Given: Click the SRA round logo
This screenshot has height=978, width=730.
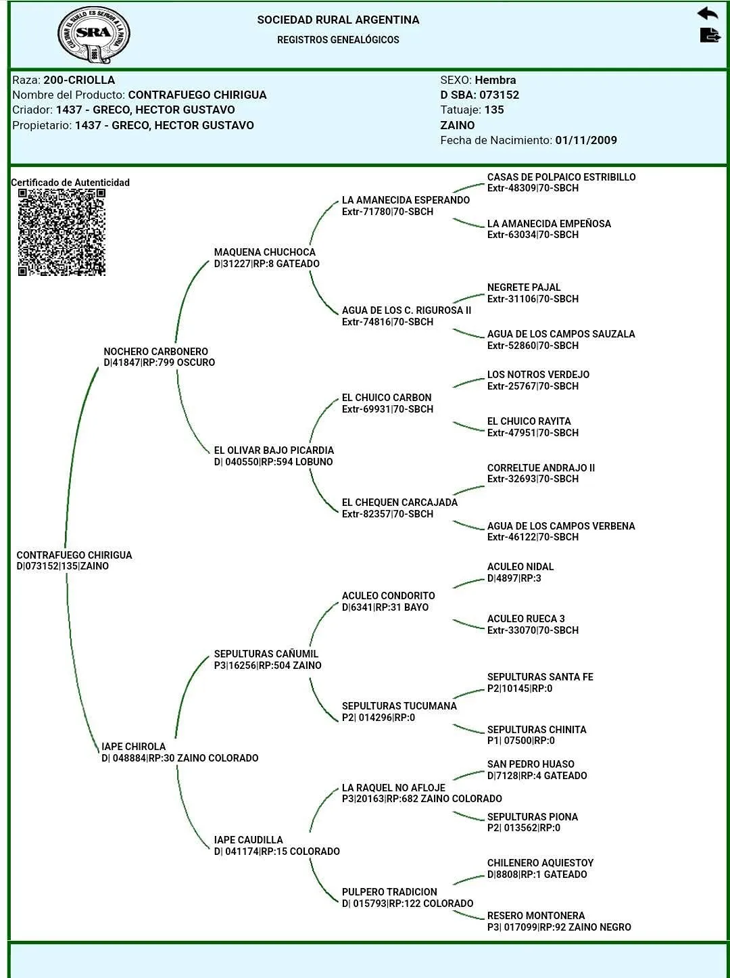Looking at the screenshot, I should click(93, 34).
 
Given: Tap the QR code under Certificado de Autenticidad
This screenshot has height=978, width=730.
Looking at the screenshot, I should click(62, 232).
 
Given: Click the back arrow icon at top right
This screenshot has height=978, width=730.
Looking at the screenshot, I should click(708, 14).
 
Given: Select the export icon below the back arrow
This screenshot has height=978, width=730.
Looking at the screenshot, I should click(709, 35).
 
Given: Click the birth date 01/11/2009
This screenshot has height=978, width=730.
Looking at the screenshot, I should click(585, 141).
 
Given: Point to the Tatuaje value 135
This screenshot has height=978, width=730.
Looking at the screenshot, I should click(494, 110).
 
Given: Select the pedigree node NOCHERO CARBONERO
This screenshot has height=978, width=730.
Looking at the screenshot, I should click(155, 352).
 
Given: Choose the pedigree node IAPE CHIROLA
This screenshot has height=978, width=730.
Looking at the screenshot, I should click(133, 747).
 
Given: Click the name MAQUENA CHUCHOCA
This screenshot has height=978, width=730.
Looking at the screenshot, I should click(264, 252).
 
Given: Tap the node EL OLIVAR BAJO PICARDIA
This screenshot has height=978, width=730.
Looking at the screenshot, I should click(274, 450).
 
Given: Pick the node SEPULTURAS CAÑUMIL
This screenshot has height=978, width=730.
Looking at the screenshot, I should click(266, 654).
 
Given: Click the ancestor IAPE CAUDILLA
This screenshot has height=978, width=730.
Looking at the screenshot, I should click(248, 840).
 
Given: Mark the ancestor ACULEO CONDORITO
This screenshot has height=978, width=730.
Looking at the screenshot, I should click(388, 596).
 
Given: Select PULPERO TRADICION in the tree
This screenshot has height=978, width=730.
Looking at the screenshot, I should click(389, 892).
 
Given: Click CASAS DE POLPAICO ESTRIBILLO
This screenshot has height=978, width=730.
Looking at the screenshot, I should click(561, 177).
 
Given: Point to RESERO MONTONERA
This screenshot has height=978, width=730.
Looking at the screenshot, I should click(536, 916).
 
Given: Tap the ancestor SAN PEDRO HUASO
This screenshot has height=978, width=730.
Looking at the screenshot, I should click(531, 764).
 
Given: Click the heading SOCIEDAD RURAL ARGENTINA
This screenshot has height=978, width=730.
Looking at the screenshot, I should click(338, 20).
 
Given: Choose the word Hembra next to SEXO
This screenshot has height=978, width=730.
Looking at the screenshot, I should click(495, 80).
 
